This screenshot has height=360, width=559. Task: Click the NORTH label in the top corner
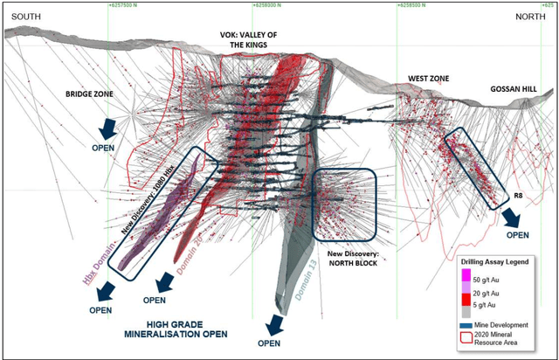(x=528, y=17)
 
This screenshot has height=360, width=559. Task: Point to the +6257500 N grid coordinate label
(x=129, y=4)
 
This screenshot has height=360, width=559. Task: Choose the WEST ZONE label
(x=428, y=80)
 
